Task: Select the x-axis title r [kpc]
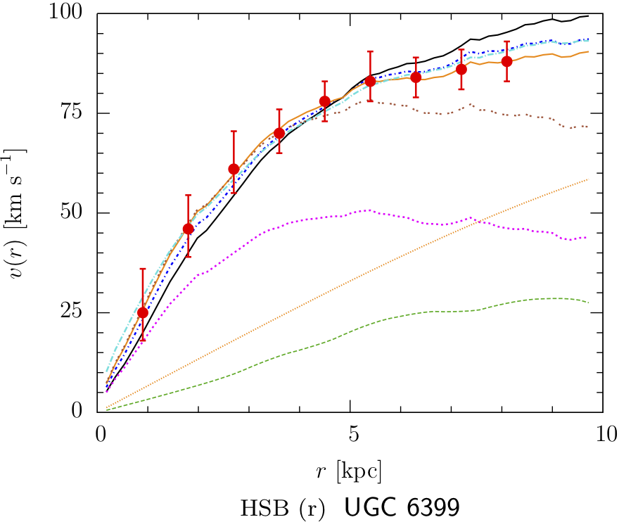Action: click(350, 469)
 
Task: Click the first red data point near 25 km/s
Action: click(143, 312)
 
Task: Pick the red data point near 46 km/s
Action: click(188, 229)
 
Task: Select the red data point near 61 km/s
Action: click(234, 169)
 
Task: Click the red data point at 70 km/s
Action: click(279, 133)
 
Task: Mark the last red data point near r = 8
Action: click(506, 61)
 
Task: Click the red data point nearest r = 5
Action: click(370, 82)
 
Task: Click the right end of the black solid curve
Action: click(588, 15)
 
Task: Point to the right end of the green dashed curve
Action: click(588, 303)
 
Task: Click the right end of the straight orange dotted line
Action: click(588, 179)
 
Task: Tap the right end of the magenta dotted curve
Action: click(587, 238)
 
